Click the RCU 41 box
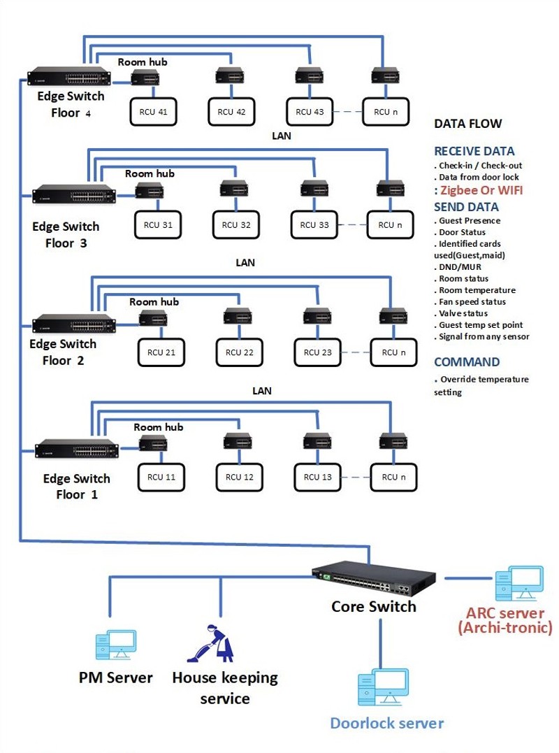pos(154,112)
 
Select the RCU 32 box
pos(236,224)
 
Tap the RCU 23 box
pos(318,352)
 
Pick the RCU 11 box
pos(161,478)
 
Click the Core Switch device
pos(373,579)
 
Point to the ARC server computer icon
pos(520,584)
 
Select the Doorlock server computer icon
pos(384,687)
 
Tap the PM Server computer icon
pos(116,645)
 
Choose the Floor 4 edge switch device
pos(69,76)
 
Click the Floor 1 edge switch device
pos(77,449)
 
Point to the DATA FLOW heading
pos(468,124)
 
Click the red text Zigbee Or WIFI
pos(481,191)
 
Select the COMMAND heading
pos(467,362)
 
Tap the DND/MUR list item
pos(458,267)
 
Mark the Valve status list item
pos(461,314)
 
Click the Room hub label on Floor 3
pos(150,174)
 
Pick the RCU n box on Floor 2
pos(393,352)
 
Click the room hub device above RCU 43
pos(310,76)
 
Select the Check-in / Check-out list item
pos(478,166)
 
